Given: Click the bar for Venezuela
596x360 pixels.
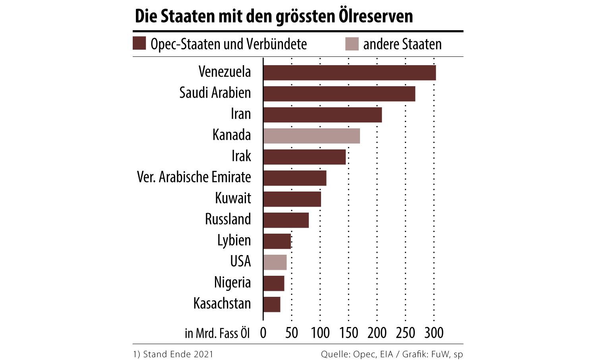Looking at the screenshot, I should (349, 73).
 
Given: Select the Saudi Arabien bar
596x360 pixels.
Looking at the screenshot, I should (339, 94).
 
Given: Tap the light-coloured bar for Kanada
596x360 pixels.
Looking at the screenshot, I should (312, 136).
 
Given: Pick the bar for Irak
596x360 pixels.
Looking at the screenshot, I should (304, 157).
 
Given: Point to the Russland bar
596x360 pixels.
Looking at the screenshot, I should (286, 220).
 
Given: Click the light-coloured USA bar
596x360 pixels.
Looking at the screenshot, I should (275, 262).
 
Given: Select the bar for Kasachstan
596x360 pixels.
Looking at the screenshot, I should (272, 304).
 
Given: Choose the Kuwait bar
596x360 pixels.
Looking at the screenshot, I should (292, 199).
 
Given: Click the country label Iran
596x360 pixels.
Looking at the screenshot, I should (241, 114).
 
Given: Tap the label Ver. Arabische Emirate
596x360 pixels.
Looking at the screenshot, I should (194, 177).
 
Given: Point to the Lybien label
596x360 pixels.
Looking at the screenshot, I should (234, 240).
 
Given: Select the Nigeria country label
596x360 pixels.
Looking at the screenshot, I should (232, 283).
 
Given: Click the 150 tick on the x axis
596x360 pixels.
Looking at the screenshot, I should (348, 333).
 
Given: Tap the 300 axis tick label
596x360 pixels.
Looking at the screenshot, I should (433, 333).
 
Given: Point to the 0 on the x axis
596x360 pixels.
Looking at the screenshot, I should (263, 333).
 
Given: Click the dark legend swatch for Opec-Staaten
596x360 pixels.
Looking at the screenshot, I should (139, 44).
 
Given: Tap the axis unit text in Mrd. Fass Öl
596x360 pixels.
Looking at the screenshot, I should (217, 333).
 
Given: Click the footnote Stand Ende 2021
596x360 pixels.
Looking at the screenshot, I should (173, 354).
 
